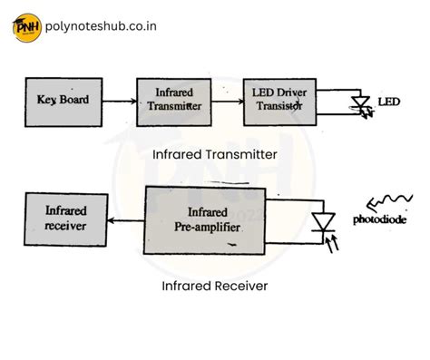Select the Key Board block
(x=63, y=100)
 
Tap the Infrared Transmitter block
(x=175, y=101)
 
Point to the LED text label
(x=388, y=100)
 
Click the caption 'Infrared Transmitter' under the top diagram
(x=215, y=154)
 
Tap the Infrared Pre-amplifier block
(x=206, y=219)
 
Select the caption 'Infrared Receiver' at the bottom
(x=214, y=286)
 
